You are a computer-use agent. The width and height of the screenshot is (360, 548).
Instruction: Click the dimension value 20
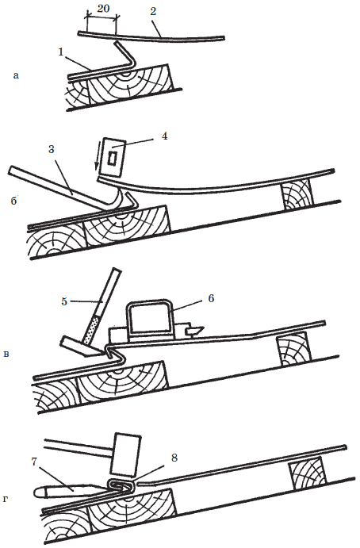coord(103,9)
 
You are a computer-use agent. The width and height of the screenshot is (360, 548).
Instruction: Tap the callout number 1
coord(61,52)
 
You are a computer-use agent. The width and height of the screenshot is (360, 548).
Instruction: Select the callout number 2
coord(153,11)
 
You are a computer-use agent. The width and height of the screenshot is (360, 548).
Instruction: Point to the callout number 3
coord(52,149)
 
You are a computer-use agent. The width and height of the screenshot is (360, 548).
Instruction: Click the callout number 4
coord(164,136)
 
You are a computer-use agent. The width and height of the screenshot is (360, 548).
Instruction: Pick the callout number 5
coord(64,301)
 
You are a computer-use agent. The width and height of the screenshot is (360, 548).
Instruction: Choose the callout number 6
coord(211,298)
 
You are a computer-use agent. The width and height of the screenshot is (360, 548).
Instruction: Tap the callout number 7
coord(34,462)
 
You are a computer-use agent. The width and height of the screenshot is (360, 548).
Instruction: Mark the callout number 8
coord(174,458)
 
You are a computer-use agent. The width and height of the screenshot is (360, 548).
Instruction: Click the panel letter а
coord(15,75)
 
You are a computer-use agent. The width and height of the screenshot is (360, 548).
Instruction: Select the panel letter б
coord(14,201)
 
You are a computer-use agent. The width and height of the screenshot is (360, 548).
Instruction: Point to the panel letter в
coord(6,354)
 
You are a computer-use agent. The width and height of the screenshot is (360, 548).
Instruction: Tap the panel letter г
coord(6,500)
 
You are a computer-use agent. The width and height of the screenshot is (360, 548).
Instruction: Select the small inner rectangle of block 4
coord(113,158)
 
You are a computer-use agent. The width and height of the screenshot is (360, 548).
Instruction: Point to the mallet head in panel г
coord(124,455)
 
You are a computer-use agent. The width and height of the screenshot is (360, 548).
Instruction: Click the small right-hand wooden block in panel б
coord(297,195)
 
